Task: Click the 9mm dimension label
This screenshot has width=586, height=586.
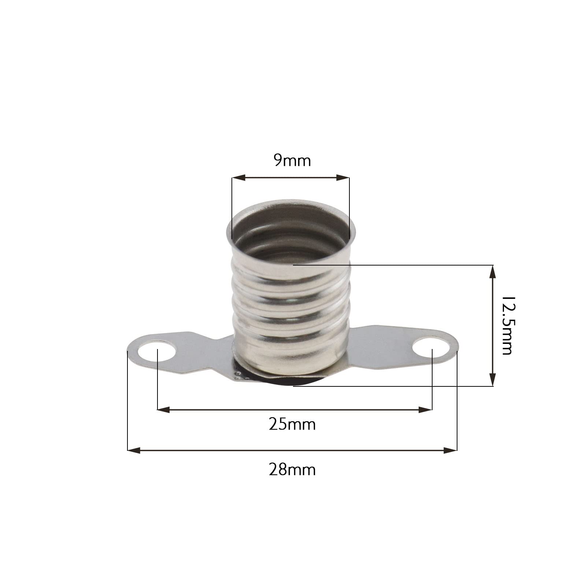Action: (292, 161)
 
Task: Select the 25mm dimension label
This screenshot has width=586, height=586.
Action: (292, 424)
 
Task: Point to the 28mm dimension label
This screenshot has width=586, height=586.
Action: (292, 470)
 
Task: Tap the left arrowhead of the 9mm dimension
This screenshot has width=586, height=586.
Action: (238, 178)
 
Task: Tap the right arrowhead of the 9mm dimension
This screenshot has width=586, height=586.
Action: (343, 178)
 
